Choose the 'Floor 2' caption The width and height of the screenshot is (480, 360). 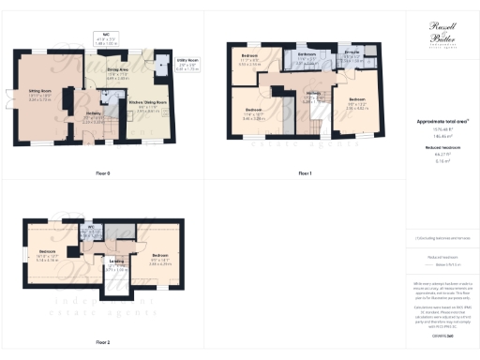coord(103,342)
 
